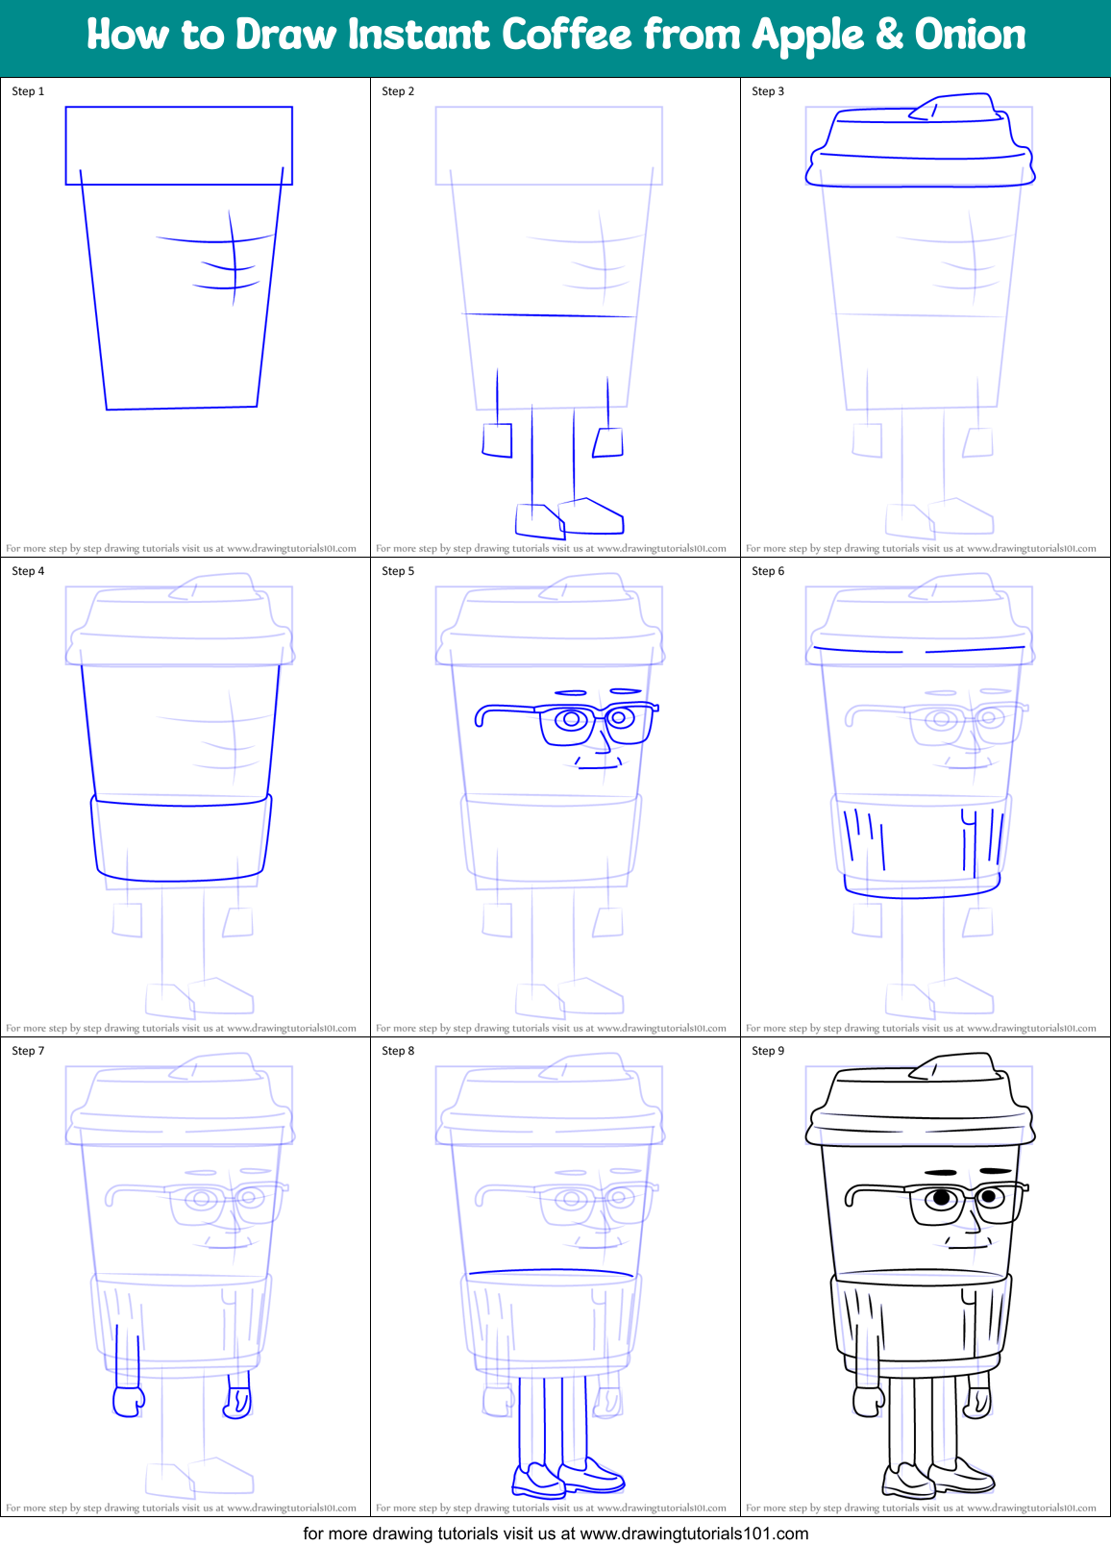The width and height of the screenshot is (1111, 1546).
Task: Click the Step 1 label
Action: (x=28, y=91)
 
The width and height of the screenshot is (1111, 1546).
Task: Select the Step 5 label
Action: (x=398, y=571)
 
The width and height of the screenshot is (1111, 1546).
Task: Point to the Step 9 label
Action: (x=768, y=1051)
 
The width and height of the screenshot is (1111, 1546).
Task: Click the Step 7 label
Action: (x=28, y=1051)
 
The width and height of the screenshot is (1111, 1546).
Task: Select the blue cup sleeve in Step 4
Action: (x=181, y=838)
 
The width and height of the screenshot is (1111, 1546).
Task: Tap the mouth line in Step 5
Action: (x=598, y=767)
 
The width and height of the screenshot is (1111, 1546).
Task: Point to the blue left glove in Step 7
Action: (x=127, y=1401)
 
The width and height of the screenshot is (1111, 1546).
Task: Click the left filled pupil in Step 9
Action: (x=943, y=1198)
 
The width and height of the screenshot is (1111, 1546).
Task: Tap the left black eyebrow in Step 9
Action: (x=941, y=1173)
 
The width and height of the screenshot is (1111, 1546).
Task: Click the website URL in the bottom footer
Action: (x=694, y=1534)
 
